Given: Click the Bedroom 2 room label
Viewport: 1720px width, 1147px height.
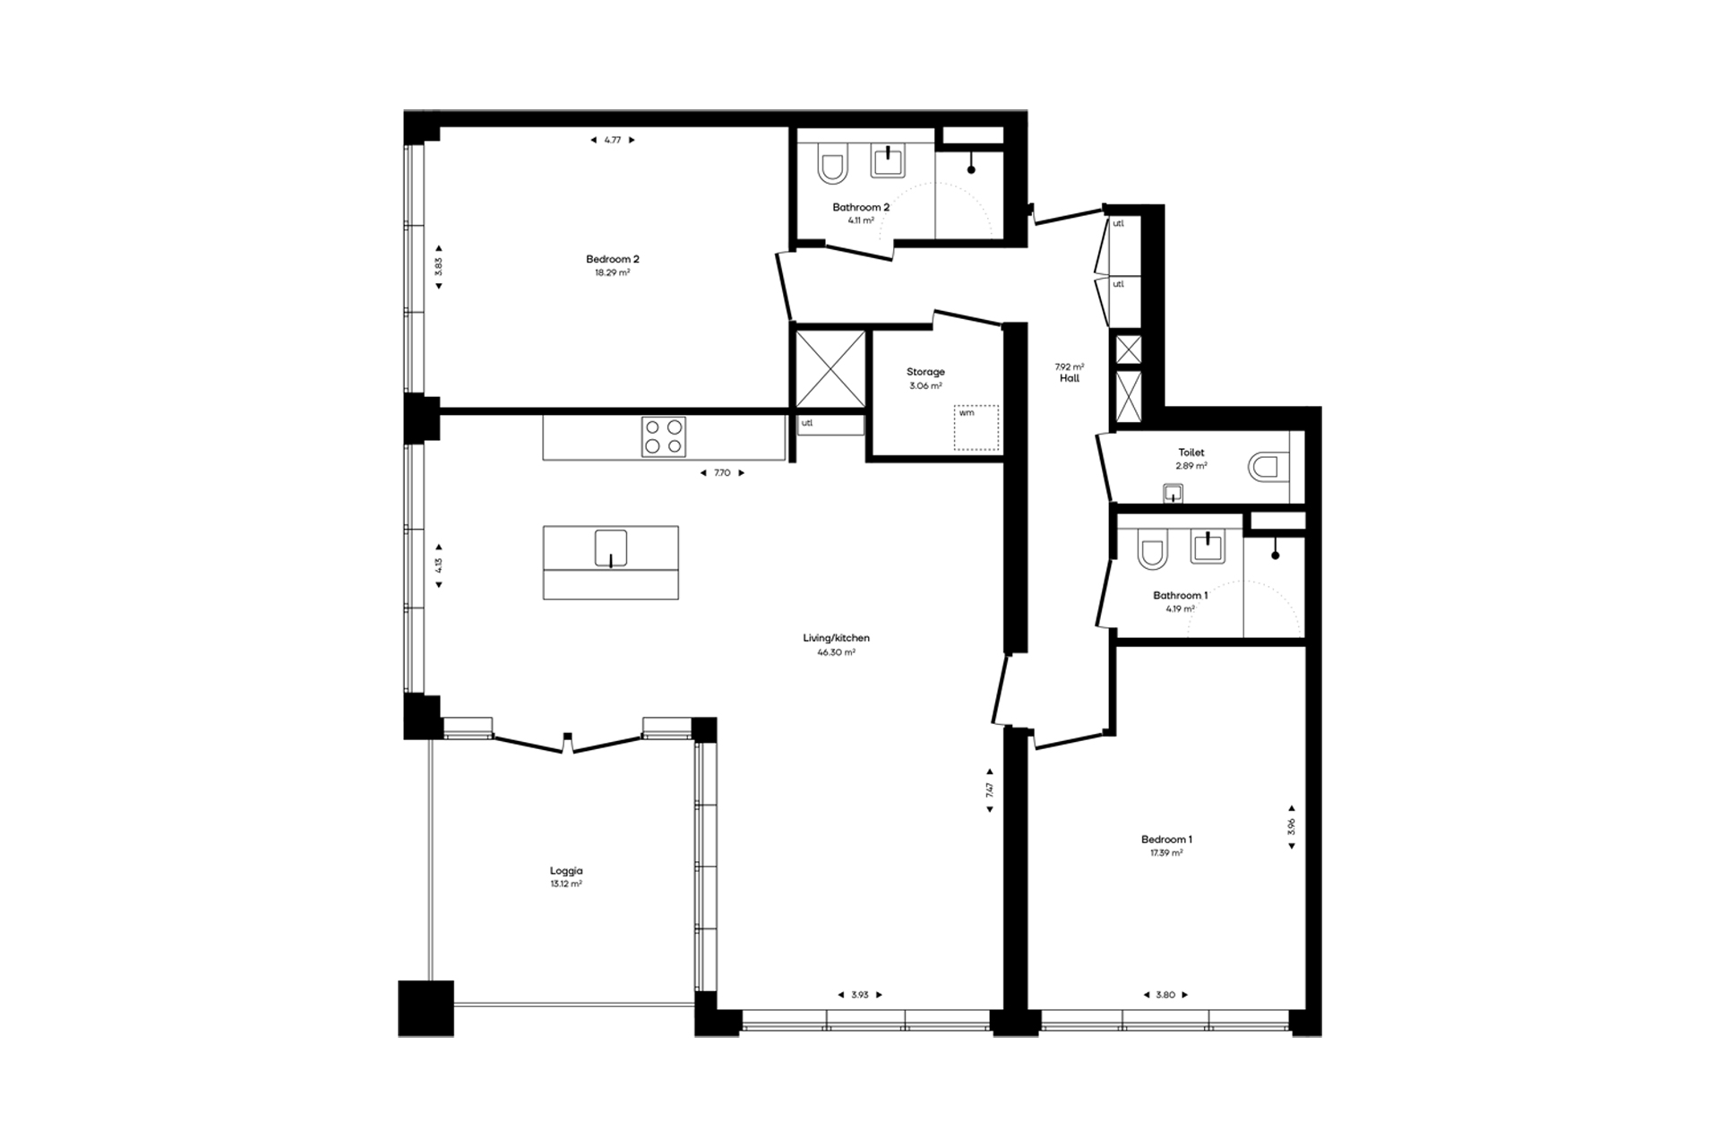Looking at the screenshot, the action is point(613,259).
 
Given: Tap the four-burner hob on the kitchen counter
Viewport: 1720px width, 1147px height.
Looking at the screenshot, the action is point(664,437).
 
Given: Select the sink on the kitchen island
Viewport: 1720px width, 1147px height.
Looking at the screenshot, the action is point(611,548).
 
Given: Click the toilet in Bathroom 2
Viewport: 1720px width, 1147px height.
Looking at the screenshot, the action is point(831,168).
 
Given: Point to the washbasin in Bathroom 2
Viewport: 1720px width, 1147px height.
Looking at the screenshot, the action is point(888,161).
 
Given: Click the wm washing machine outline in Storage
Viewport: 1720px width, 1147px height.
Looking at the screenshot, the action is point(976,427).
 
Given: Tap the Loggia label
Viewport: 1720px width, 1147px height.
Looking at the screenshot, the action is point(566,870).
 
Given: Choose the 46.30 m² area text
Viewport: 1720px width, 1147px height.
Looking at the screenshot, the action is point(836,652).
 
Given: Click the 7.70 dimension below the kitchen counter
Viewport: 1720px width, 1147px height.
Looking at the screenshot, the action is point(722,473).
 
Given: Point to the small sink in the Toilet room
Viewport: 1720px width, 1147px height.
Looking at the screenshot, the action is point(1173,493).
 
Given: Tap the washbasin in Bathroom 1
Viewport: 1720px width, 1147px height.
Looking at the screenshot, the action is point(1208,547).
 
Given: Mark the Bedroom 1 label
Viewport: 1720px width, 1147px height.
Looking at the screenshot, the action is point(1166,840).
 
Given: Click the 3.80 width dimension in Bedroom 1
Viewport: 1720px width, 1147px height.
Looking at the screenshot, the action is point(1165,995).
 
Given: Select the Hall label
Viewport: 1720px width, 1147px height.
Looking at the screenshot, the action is point(1070,378).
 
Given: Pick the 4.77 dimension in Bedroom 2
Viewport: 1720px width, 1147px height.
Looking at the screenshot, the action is point(613,140).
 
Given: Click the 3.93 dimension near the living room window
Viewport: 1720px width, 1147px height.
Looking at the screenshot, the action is point(860,995).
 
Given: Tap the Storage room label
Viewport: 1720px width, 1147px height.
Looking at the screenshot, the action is point(925,372).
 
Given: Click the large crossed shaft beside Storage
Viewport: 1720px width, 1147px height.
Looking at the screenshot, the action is point(830,369).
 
